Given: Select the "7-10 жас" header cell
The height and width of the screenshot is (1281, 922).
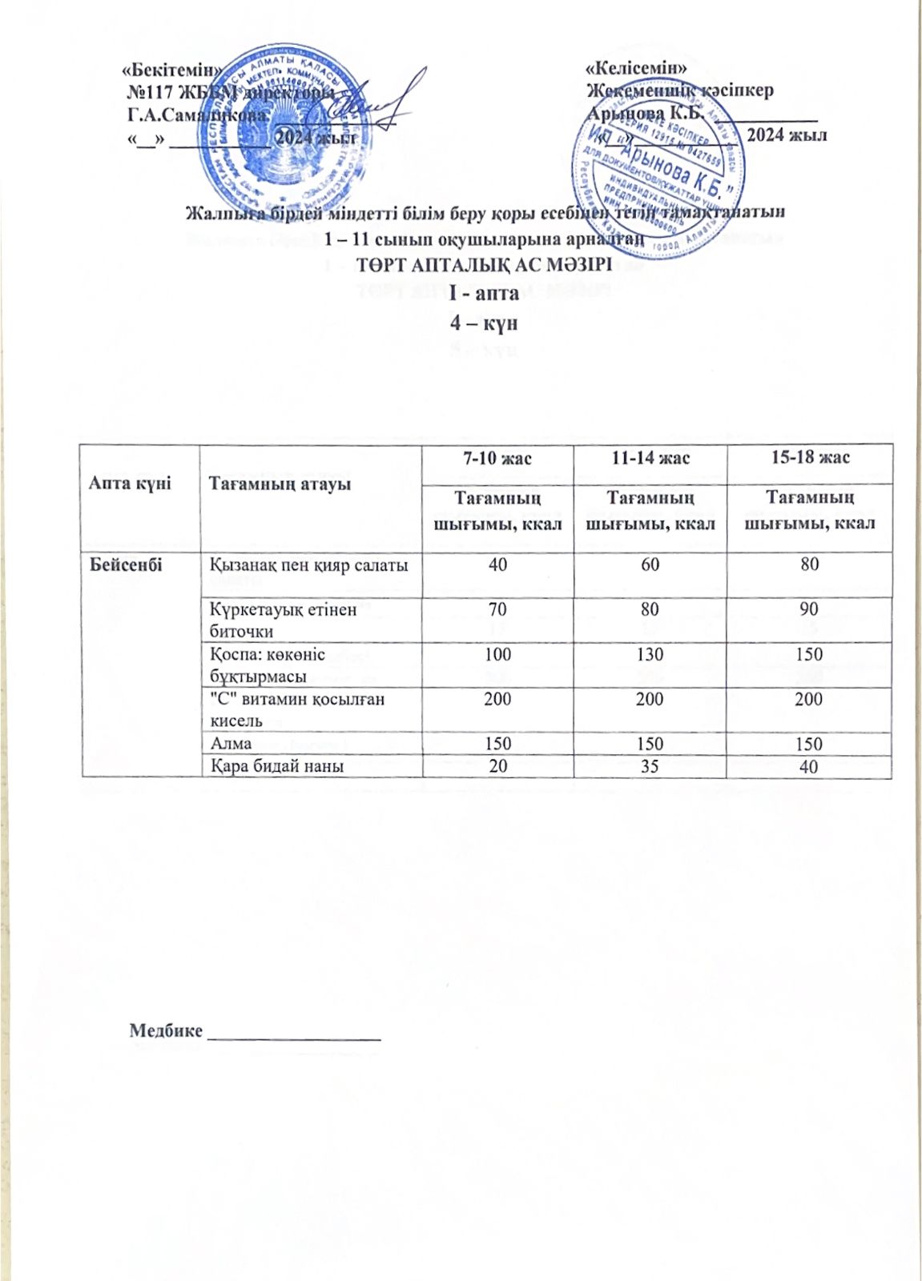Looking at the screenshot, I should [x=497, y=458].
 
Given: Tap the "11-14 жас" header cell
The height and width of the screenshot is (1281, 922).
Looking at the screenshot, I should [x=650, y=458].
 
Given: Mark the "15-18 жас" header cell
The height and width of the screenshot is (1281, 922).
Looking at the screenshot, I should [x=809, y=458].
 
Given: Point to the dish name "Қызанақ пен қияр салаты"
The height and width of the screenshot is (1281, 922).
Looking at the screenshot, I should [x=309, y=565].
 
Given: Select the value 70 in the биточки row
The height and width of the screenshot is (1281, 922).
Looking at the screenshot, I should [x=497, y=609].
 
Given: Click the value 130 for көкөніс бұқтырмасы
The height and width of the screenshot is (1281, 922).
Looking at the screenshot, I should [x=650, y=654].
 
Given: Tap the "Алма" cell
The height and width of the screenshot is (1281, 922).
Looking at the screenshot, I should [x=231, y=744].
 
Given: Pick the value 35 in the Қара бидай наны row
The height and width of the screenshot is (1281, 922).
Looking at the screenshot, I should [x=650, y=766].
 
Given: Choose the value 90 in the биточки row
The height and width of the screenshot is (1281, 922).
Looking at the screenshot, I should [x=809, y=609].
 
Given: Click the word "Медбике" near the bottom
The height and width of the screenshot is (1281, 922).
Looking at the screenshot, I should [x=166, y=1030].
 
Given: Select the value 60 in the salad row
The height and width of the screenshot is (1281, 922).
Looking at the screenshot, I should [x=650, y=564].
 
